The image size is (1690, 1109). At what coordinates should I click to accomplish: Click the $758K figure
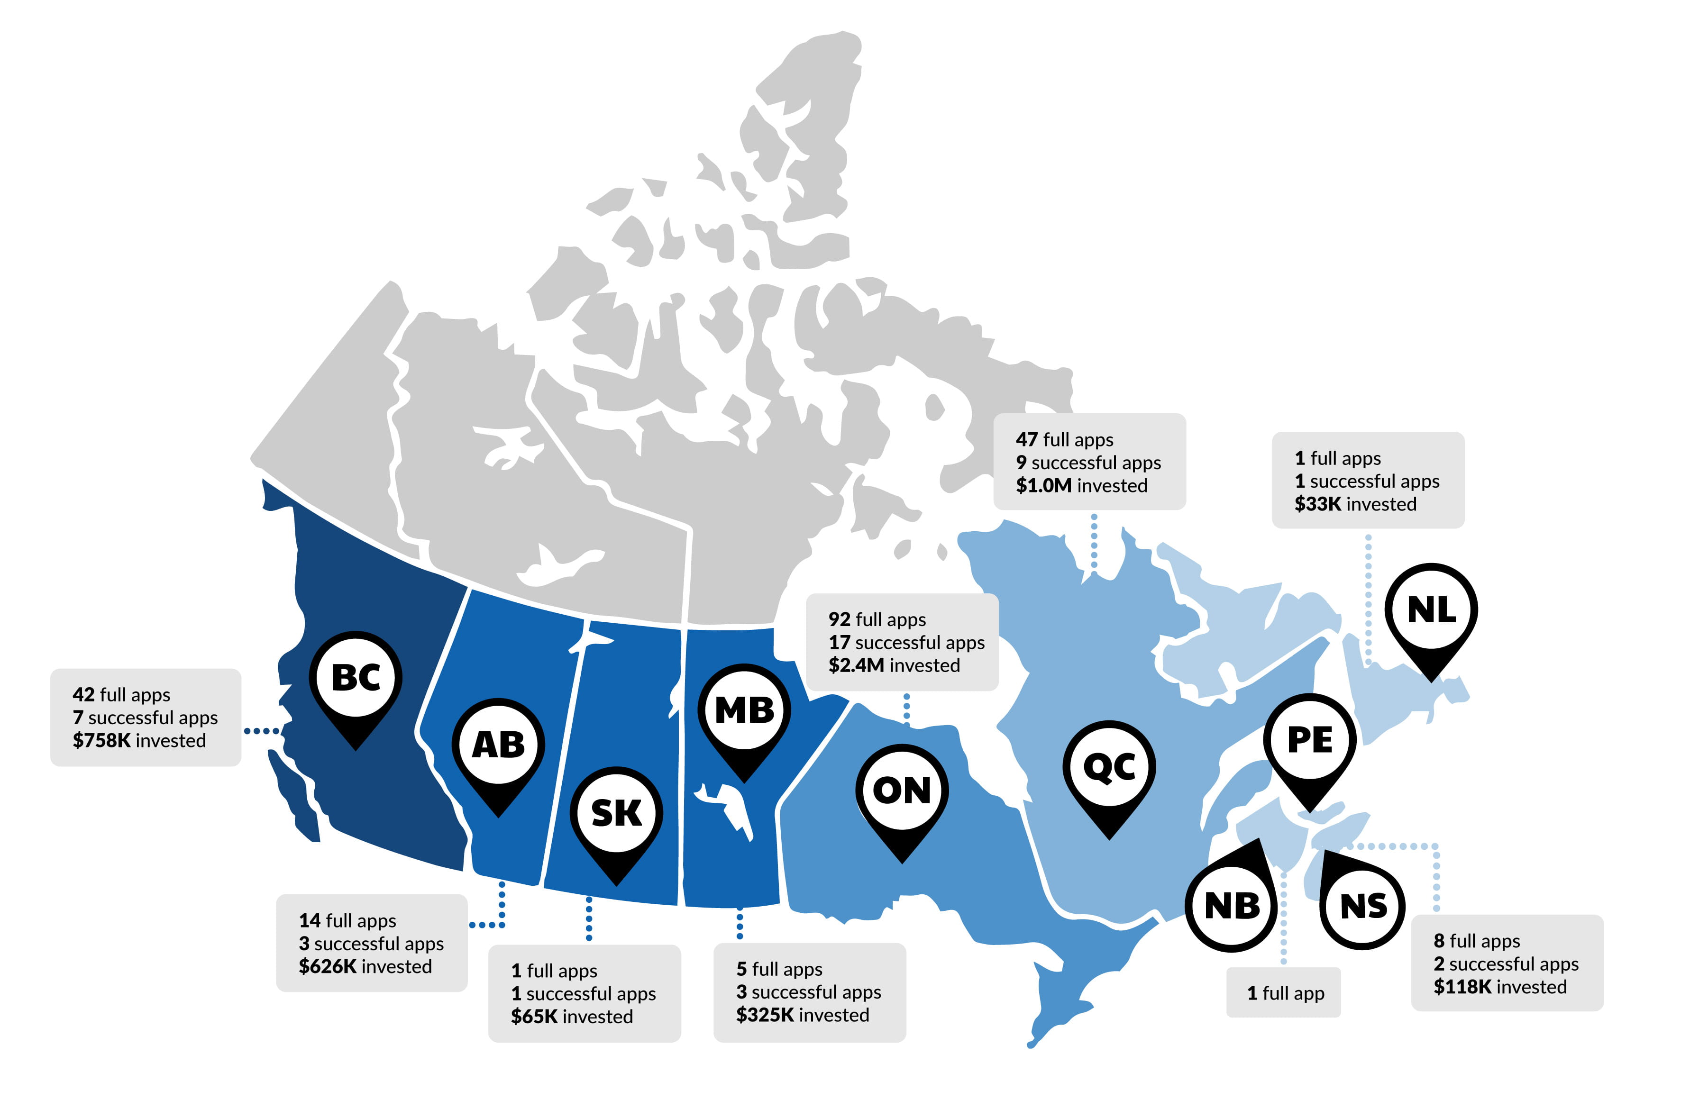[x=101, y=740]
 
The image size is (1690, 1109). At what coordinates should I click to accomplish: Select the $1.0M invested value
[x=1044, y=486]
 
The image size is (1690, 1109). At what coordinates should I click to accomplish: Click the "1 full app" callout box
[x=1284, y=992]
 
